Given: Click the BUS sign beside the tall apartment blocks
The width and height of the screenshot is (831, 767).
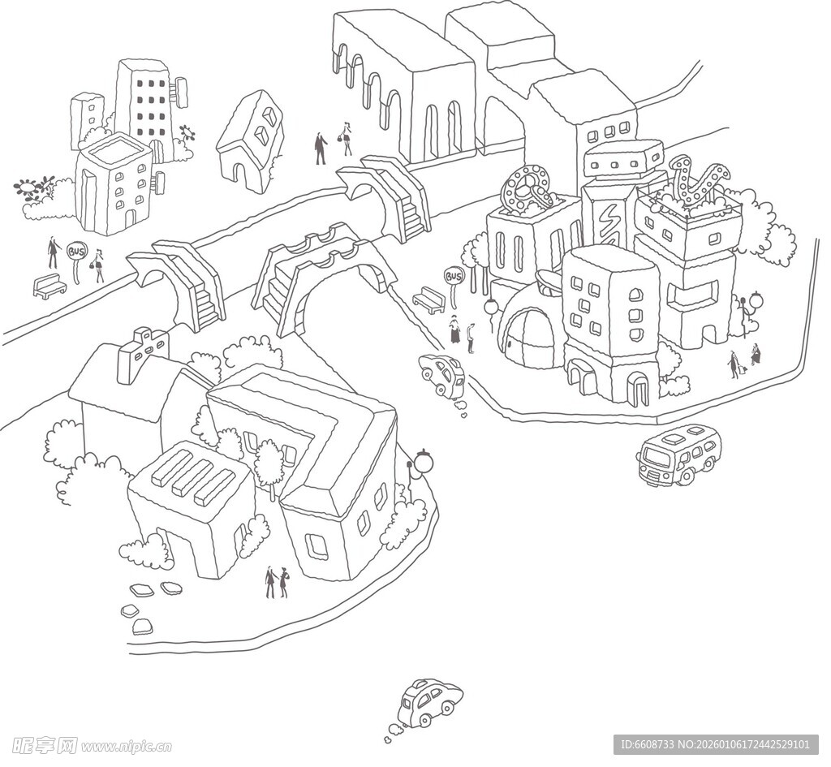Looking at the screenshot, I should [76, 252].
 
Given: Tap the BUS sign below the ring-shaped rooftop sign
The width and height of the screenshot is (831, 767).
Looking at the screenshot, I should [453, 278].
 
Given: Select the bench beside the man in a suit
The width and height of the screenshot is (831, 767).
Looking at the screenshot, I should [50, 286].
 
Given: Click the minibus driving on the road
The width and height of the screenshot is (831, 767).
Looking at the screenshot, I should [678, 455].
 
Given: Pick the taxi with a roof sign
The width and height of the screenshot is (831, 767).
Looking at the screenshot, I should [430, 701].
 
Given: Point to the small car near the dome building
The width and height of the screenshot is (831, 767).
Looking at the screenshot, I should [442, 373].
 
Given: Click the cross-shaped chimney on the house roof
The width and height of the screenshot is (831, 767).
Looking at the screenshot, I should [143, 354].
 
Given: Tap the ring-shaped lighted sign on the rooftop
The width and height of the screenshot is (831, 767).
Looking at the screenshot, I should [527, 189].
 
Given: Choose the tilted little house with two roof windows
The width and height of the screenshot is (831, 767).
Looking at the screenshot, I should [252, 140].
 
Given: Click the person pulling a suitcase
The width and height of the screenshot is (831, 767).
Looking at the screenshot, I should [734, 364].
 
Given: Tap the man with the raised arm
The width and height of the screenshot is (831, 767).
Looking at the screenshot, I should [321, 147].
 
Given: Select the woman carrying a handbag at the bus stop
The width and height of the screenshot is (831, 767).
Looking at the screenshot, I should [99, 265].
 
